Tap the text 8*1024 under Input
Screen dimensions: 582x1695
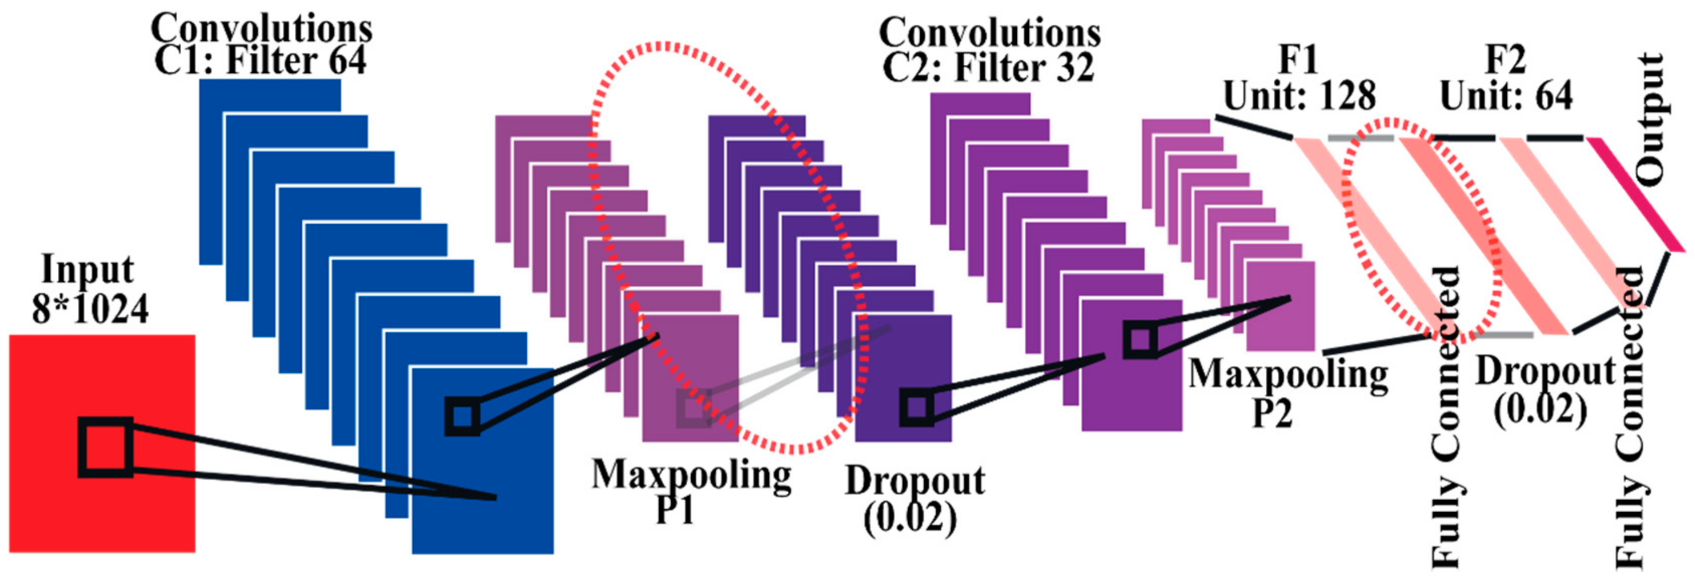90,309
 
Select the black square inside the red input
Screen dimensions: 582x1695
105,447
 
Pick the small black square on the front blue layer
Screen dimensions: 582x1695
462,415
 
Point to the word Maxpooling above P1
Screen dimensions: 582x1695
691,475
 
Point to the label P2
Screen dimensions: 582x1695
1272,413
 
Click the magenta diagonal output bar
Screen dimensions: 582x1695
1635,194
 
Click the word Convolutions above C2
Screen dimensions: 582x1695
990,33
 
